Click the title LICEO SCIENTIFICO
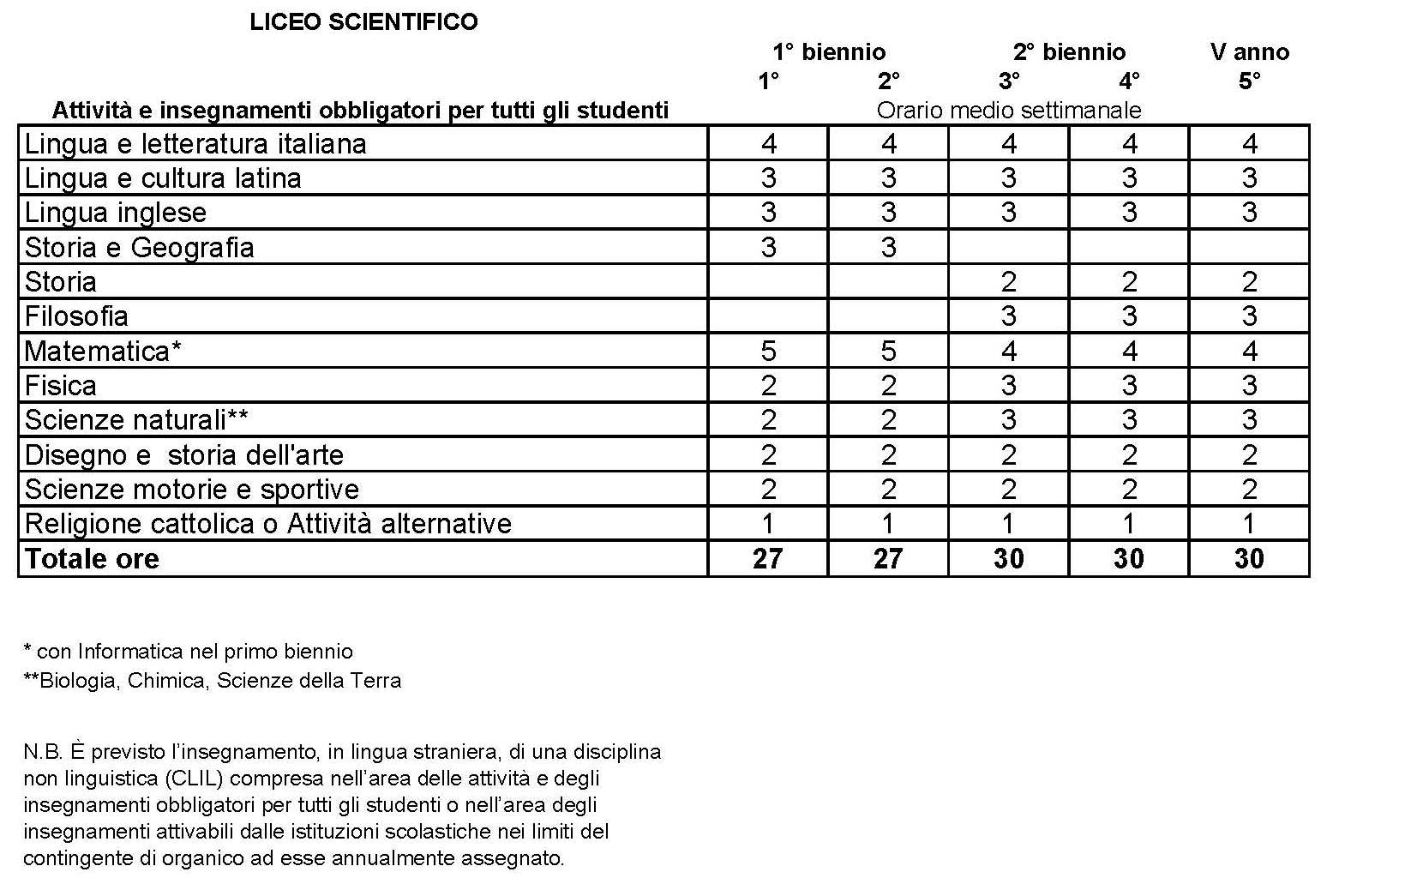tap(363, 22)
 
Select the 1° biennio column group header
tap(828, 52)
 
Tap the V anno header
tap(1249, 52)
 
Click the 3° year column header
tap(1009, 81)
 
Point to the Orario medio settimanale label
tap(1008, 111)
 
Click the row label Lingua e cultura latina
tap(163, 178)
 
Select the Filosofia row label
tap(76, 316)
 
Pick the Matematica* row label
tap(103, 352)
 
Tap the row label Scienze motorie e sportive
tap(192, 490)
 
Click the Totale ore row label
tap(92, 559)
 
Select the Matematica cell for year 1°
tap(768, 352)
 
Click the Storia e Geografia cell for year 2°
tap(888, 248)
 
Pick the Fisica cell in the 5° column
tap(1249, 386)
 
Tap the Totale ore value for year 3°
tap(1008, 559)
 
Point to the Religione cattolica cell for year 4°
tap(1129, 524)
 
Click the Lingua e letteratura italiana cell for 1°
tap(768, 144)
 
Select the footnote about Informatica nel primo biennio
tap(188, 652)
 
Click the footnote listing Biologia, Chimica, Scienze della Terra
tap(212, 681)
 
